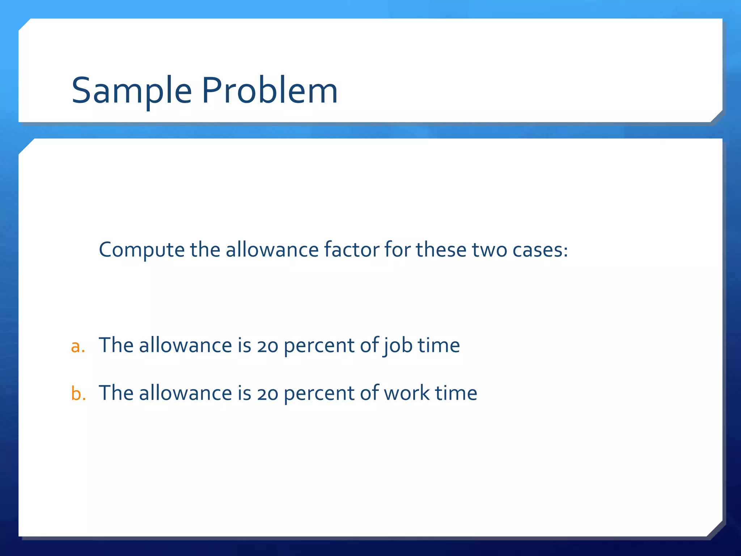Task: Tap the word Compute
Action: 141,250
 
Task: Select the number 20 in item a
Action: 268,346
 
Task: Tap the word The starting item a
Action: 116,346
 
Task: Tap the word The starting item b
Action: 116,393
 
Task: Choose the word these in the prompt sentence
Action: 441,250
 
